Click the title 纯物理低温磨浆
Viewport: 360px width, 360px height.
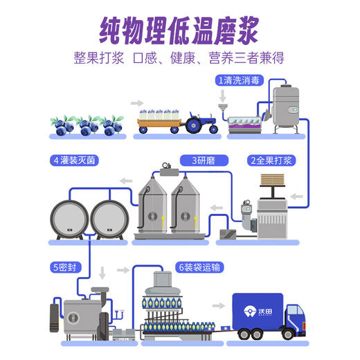(x=179, y=29)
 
